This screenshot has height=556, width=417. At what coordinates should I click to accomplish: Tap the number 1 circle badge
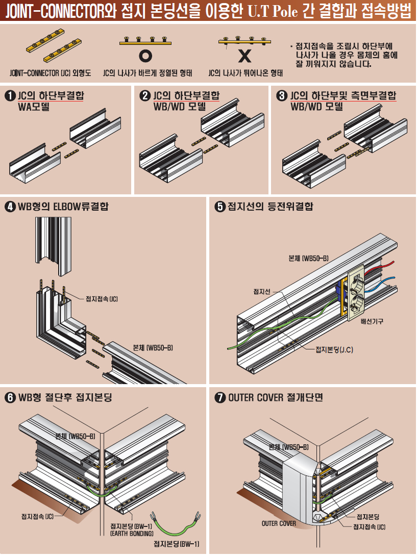(x=10, y=96)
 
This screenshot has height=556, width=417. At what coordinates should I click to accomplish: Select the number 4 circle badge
(x=10, y=207)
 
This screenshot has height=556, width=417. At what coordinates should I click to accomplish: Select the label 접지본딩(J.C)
(x=334, y=349)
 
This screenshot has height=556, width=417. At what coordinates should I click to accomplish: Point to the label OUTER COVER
(x=279, y=523)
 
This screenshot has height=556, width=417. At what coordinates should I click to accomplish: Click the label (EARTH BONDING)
(x=132, y=534)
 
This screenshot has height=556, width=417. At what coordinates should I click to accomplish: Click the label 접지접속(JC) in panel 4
(x=102, y=299)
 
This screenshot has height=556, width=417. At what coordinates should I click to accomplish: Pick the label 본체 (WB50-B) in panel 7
(x=288, y=447)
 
